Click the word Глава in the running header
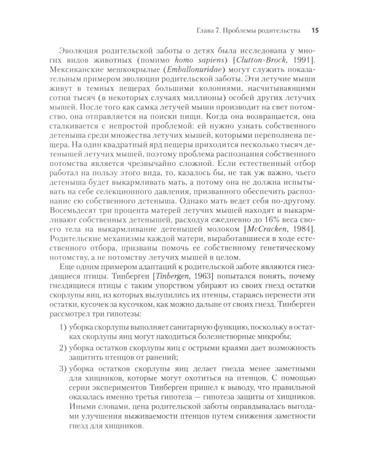(206, 29)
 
